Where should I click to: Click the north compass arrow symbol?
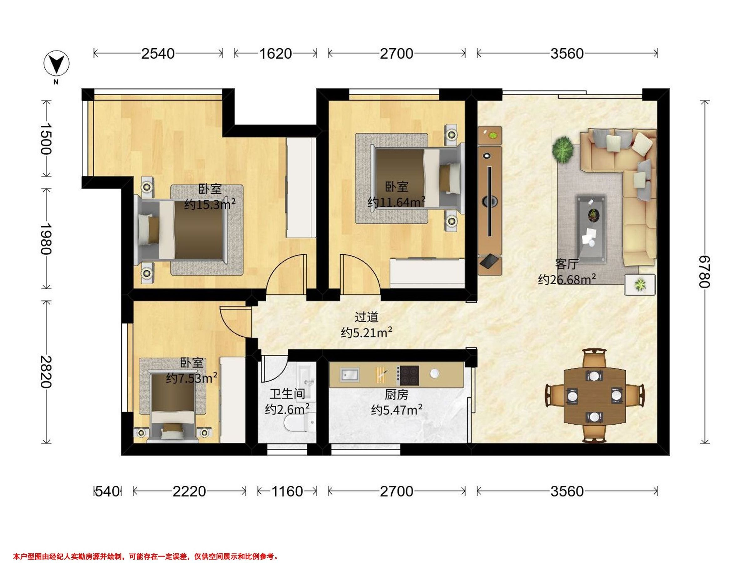tap(57, 64)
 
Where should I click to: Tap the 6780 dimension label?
tap(704, 272)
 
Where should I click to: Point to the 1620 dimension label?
tap(275, 53)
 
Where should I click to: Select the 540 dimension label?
tap(108, 491)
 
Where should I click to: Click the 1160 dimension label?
tap(287, 491)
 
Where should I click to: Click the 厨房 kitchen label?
tap(396, 395)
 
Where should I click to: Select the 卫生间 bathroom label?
tap(287, 394)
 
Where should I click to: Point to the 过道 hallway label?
tap(366, 317)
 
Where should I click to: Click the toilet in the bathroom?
tap(299, 424)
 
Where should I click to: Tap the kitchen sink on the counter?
tap(349, 374)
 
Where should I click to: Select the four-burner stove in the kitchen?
tap(409, 375)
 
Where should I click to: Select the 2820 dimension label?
tap(45, 372)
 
